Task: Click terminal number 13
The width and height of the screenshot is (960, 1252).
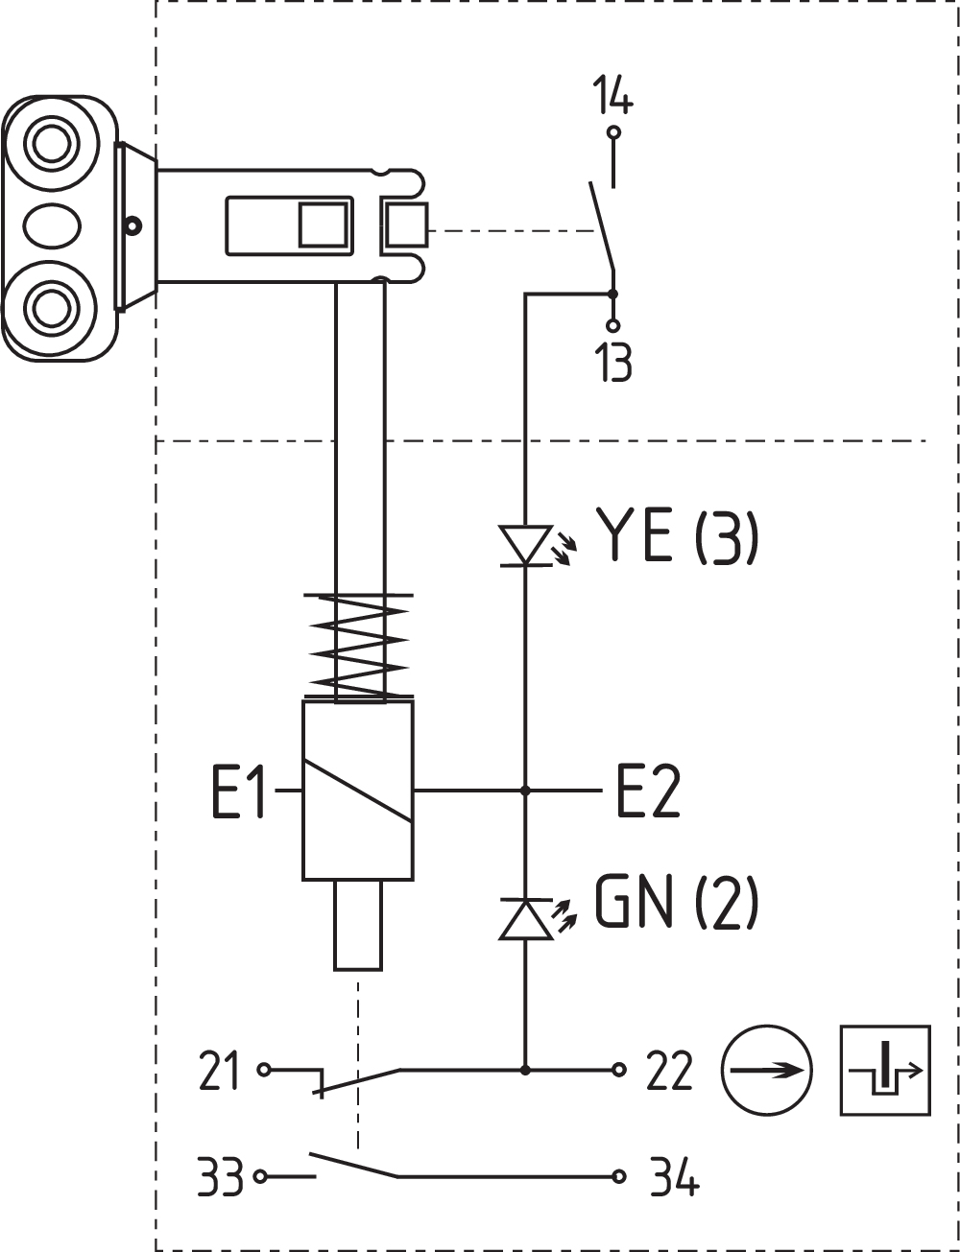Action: point(613,364)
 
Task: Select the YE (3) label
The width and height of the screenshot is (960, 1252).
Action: point(677,536)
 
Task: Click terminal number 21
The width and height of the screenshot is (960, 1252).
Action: point(219,1071)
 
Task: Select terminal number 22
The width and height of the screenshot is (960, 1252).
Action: point(669,1071)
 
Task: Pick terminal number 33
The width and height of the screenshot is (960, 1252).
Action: point(220,1177)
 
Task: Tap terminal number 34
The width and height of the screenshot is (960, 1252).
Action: point(674,1177)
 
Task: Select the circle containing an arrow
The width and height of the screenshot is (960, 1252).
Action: point(766,1070)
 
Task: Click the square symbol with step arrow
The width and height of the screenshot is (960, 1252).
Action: point(884,1070)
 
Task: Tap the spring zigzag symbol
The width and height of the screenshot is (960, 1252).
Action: point(358,646)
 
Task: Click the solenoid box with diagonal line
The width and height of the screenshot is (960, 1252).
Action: point(358,790)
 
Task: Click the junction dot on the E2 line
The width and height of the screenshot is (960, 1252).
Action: point(525,791)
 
